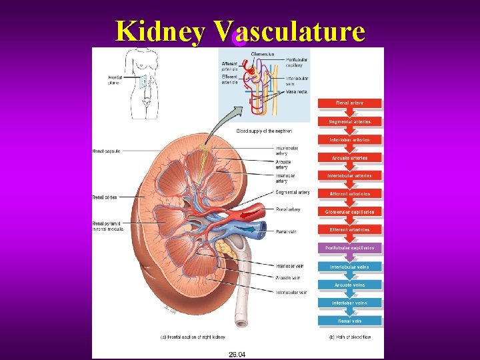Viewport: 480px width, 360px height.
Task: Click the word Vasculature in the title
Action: pos(290,31)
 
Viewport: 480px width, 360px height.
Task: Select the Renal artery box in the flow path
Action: pos(349,103)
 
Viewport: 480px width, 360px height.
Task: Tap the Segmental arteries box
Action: pos(349,121)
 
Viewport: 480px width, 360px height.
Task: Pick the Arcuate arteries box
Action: pos(349,158)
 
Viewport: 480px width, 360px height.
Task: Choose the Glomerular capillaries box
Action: pos(349,212)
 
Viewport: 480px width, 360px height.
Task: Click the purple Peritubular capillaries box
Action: pos(349,248)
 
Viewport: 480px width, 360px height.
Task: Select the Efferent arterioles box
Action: pos(349,230)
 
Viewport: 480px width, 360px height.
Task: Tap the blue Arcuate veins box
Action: pos(349,285)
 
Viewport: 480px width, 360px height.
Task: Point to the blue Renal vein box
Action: pos(349,321)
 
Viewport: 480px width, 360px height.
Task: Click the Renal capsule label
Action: pos(106,151)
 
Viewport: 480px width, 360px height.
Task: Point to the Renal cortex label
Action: pos(105,197)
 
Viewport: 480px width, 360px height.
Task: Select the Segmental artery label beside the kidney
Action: pos(292,193)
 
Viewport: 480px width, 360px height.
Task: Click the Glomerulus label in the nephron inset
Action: pos(262,54)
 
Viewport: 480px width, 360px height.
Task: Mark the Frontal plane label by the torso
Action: pos(115,81)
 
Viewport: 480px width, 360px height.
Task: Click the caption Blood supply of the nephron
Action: pos(264,131)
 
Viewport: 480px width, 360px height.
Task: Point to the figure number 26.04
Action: pos(237,354)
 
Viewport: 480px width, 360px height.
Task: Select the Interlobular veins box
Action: pos(349,267)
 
